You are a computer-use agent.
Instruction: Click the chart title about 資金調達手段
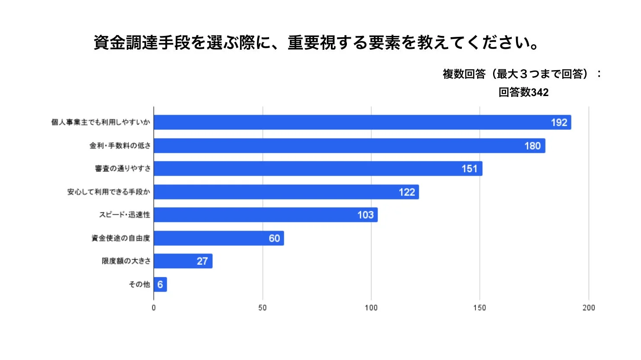click(x=316, y=43)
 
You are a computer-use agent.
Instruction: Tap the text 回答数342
click(x=523, y=92)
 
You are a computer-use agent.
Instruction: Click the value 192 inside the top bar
click(x=559, y=122)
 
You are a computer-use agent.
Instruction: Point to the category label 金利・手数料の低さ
click(x=120, y=146)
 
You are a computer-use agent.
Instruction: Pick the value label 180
click(x=532, y=146)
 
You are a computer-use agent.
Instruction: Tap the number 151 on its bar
click(x=469, y=169)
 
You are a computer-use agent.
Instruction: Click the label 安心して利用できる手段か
click(x=109, y=192)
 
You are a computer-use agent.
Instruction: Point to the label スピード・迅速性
click(x=125, y=215)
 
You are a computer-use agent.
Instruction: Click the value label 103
click(x=365, y=215)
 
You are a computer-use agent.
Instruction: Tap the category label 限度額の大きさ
click(x=126, y=261)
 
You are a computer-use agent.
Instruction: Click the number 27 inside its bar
click(x=202, y=261)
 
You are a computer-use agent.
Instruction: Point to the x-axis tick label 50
click(x=263, y=308)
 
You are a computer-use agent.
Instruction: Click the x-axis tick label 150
click(x=479, y=308)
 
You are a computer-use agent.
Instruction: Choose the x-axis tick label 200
click(x=588, y=308)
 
